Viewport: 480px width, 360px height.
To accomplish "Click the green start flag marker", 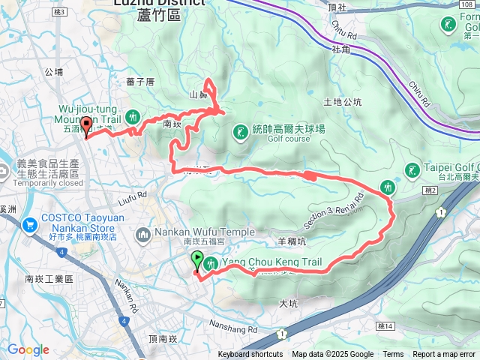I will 197,260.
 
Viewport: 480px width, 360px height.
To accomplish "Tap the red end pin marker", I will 86,126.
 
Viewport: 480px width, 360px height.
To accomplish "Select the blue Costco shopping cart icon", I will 30,223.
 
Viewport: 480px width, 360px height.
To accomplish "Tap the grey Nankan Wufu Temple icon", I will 142,235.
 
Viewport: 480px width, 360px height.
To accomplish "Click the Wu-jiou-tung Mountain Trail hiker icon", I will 133,116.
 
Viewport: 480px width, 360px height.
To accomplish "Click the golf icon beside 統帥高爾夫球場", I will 240,133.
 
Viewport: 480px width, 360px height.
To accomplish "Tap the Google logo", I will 28,349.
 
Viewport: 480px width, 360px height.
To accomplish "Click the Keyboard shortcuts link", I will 250,355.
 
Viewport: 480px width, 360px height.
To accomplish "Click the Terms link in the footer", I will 393,355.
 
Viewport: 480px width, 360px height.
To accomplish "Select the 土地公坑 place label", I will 342,101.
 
